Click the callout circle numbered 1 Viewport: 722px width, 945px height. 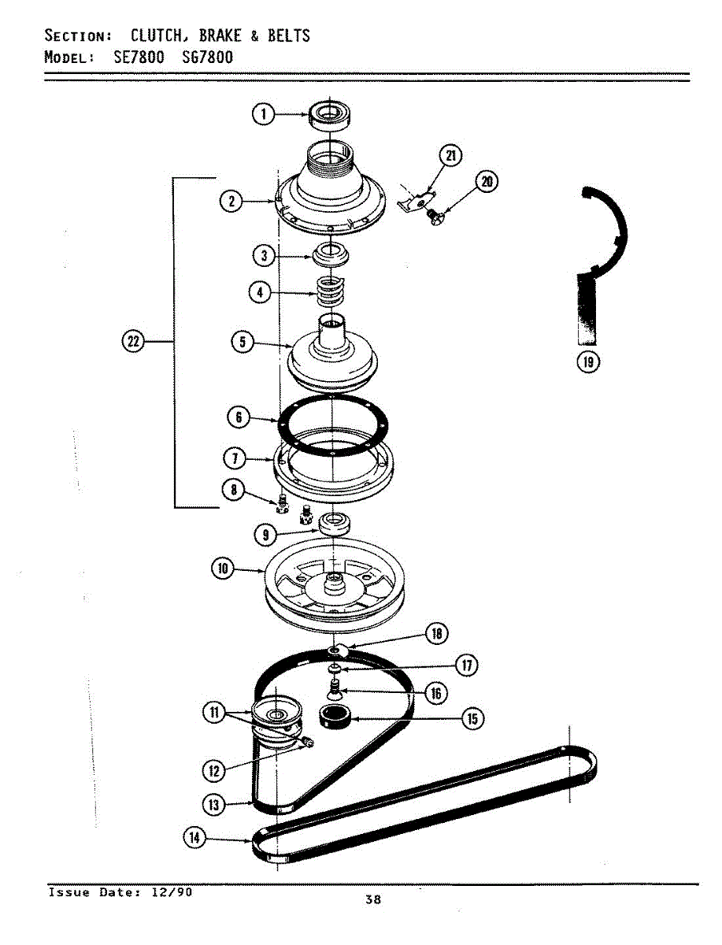pos(262,115)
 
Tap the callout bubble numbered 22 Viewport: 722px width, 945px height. pos(133,342)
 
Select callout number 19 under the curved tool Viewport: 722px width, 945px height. pos(587,361)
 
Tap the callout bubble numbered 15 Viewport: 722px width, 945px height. pos(472,717)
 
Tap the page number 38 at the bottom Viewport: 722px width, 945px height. pos(372,900)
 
